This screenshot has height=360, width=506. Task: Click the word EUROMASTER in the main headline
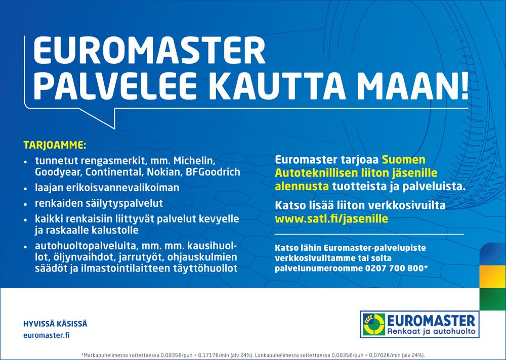click(149, 51)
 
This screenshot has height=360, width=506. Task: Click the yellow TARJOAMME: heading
click(55, 145)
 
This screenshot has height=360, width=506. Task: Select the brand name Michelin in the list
click(194, 161)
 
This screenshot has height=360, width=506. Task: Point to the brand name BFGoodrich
click(213, 172)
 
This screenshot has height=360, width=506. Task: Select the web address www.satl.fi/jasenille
click(331, 219)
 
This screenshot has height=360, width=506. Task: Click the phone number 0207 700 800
click(394, 268)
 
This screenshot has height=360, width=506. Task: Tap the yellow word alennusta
click(302, 187)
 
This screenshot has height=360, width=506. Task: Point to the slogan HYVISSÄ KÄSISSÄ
click(55, 324)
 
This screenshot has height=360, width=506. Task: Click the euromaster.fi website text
click(47, 335)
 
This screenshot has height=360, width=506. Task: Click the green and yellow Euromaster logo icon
click(374, 324)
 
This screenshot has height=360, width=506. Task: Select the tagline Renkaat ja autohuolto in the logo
click(431, 332)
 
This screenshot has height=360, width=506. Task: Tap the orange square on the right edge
click(493, 277)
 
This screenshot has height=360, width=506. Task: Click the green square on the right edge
click(493, 299)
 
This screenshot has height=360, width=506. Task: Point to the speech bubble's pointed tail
click(114, 128)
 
